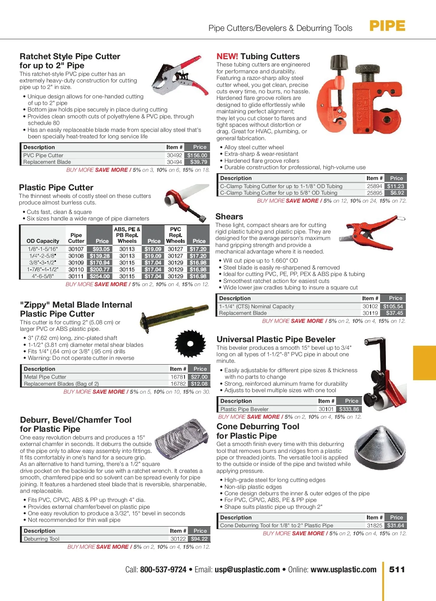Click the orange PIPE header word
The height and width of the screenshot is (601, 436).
387,26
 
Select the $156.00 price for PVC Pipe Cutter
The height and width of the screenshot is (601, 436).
197,155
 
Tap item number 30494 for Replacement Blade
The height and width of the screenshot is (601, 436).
174,162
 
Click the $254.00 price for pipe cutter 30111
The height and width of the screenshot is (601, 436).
100,276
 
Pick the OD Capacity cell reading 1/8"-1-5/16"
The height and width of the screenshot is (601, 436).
43,249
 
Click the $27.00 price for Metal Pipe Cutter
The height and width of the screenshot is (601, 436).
199,377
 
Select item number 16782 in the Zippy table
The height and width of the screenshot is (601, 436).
178,384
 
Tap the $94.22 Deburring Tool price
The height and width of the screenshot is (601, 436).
199,539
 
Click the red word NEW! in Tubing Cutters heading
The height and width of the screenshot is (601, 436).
227,57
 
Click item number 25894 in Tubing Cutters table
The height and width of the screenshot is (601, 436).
374,186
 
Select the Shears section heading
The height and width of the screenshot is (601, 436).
229,217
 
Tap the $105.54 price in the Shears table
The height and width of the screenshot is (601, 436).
393,306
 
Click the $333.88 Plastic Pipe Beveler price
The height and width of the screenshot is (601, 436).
349,409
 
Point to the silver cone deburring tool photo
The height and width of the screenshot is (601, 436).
380,447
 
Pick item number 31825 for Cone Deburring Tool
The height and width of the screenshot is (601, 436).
374,525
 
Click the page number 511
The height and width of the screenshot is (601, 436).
397,569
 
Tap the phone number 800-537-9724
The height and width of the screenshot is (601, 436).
163,570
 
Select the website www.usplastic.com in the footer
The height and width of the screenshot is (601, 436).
343,570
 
